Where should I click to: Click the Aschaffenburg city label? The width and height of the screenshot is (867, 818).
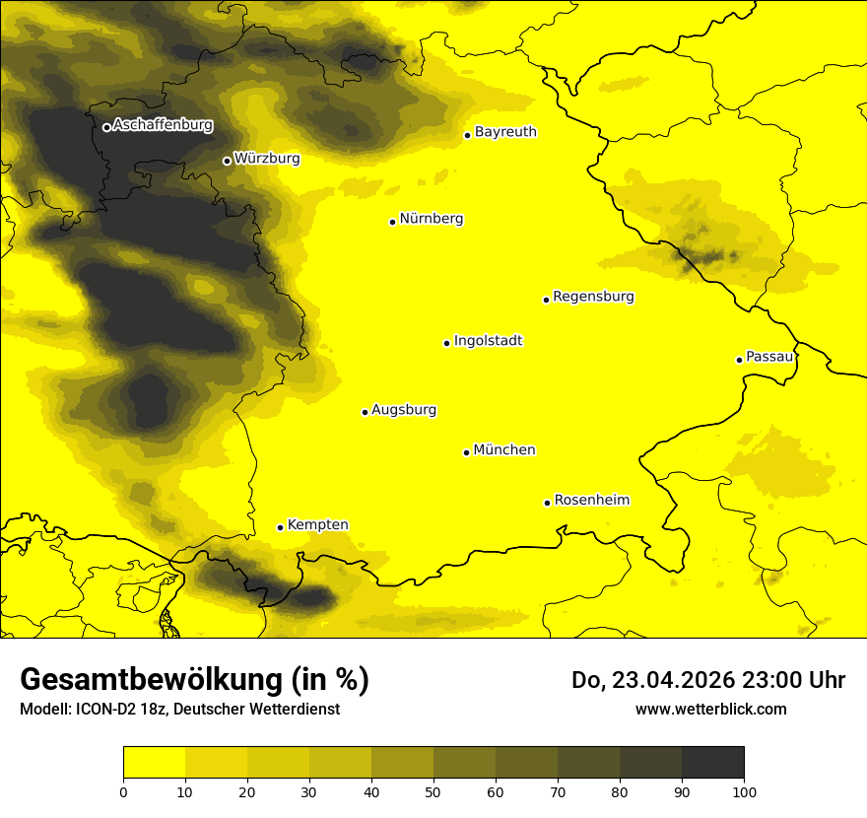tap(163, 125)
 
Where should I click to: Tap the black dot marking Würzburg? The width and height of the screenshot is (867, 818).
tap(227, 161)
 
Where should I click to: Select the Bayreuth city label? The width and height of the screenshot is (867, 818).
tap(505, 131)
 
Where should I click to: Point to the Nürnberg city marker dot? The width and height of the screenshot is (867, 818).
tap(392, 222)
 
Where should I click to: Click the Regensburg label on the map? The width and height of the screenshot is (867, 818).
tap(593, 297)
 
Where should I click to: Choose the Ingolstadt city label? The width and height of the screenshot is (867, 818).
tap(488, 341)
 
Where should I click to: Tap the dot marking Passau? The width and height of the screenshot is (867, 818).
tap(739, 360)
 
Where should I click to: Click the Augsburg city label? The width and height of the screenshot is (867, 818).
tap(404, 410)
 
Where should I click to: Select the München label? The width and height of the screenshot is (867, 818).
tap(504, 450)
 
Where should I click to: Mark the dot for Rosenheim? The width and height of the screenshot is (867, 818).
tap(547, 503)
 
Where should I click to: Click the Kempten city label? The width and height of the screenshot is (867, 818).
tap(317, 525)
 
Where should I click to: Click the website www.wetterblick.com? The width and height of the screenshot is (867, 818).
tap(710, 709)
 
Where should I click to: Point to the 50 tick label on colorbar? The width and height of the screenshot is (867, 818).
tap(433, 791)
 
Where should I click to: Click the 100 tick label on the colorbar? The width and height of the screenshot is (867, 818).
tap(744, 791)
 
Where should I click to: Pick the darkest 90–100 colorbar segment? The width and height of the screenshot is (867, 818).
tap(712, 762)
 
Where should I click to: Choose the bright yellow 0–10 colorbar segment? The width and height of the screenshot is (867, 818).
tap(155, 762)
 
